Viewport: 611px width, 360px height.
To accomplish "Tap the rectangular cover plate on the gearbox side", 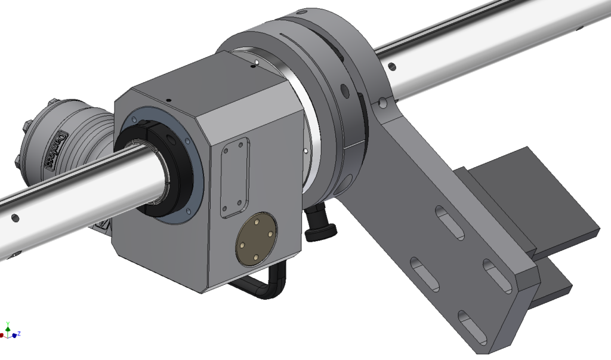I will [234, 177].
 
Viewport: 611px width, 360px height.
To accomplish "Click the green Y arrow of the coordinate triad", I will [8, 327].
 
